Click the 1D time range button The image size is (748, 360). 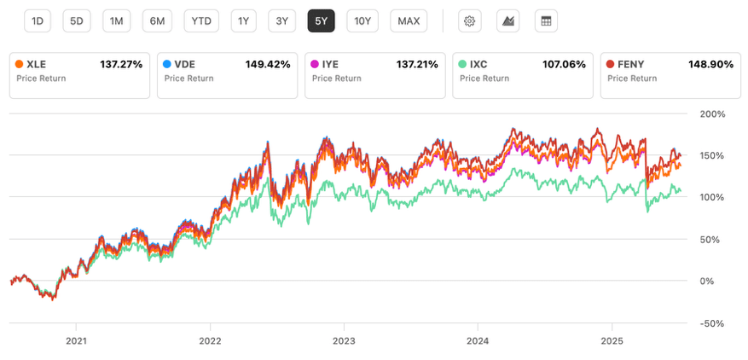click(x=38, y=21)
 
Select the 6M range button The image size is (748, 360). click(x=157, y=21)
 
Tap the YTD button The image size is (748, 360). click(x=201, y=21)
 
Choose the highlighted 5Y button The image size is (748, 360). click(x=321, y=21)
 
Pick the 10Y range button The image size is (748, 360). click(x=362, y=21)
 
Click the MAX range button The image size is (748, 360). click(x=409, y=21)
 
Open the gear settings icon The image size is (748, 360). click(x=470, y=21)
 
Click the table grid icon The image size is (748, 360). click(x=546, y=21)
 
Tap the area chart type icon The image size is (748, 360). click(x=508, y=21)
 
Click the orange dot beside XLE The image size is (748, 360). click(x=19, y=64)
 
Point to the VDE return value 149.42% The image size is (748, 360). click(x=268, y=65)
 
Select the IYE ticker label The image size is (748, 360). click(x=331, y=65)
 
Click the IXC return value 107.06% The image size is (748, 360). click(x=563, y=65)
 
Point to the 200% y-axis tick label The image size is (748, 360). click(x=712, y=114)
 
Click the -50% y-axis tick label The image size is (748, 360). click(x=712, y=323)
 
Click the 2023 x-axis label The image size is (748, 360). click(x=344, y=341)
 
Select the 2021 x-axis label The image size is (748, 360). click(x=76, y=341)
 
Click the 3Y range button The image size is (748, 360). click(x=282, y=21)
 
